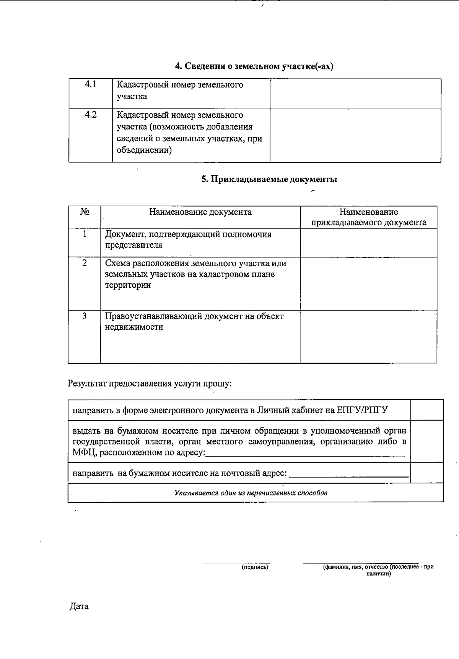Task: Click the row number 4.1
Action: (x=90, y=84)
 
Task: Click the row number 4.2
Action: (x=91, y=115)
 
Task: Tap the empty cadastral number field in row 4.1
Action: (x=355, y=94)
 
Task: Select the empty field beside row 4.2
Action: (x=355, y=135)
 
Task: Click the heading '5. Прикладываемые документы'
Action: (x=269, y=179)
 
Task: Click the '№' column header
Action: (x=85, y=212)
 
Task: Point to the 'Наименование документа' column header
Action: (x=200, y=212)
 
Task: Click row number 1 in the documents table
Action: (x=85, y=234)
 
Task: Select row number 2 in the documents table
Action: (x=85, y=263)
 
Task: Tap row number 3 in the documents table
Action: (x=85, y=316)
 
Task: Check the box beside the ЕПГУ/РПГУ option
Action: (x=427, y=410)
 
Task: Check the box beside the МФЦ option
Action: (x=427, y=441)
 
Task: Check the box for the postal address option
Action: (x=427, y=473)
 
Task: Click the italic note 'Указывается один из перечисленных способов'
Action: (x=251, y=493)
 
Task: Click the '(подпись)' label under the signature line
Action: (x=255, y=567)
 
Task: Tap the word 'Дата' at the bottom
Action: (x=79, y=606)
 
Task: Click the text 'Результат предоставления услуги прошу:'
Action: (x=150, y=384)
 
